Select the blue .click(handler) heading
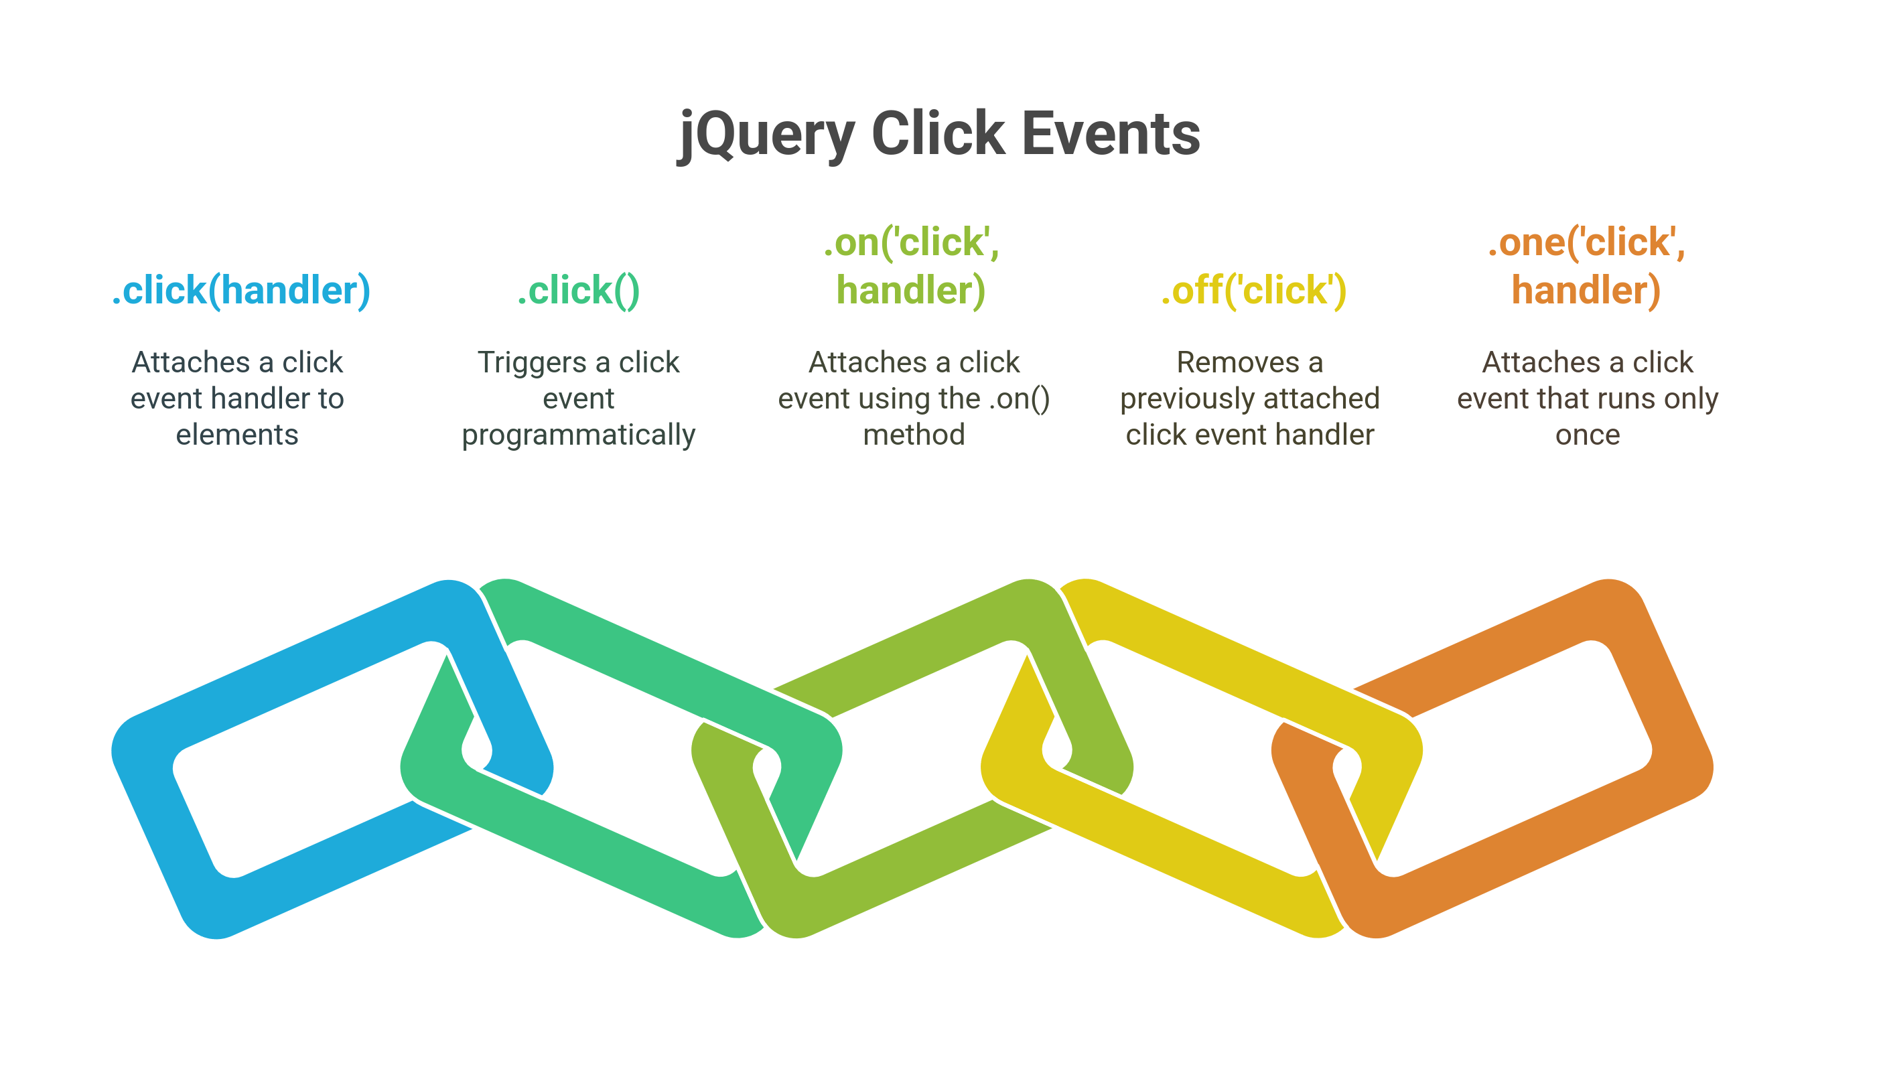(x=240, y=291)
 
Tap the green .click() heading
(x=578, y=291)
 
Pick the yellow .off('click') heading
(x=1253, y=291)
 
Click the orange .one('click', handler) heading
(x=1587, y=266)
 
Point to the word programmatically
(x=578, y=435)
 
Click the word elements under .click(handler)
(x=237, y=435)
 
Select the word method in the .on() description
(x=914, y=435)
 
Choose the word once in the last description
(x=1588, y=435)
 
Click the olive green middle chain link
(x=894, y=894)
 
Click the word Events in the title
(x=1112, y=134)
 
